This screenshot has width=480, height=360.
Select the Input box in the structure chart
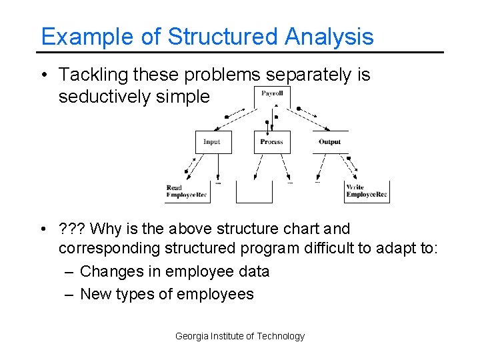click(x=212, y=142)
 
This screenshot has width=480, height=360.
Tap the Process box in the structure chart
click(x=271, y=142)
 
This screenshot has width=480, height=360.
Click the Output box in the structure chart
click(x=329, y=142)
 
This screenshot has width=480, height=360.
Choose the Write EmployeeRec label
click(x=367, y=192)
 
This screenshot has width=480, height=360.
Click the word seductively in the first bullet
click(x=104, y=97)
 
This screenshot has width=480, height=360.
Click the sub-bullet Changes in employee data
click(x=174, y=271)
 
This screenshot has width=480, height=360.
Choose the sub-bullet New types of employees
click(x=167, y=294)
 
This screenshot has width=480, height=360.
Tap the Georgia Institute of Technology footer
click(x=239, y=336)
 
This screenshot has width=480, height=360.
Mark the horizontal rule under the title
click(x=240, y=52)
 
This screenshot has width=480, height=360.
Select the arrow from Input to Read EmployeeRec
click(x=193, y=167)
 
